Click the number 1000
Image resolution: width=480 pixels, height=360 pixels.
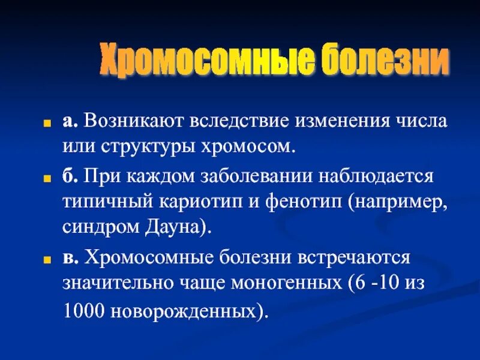(x=81, y=311)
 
